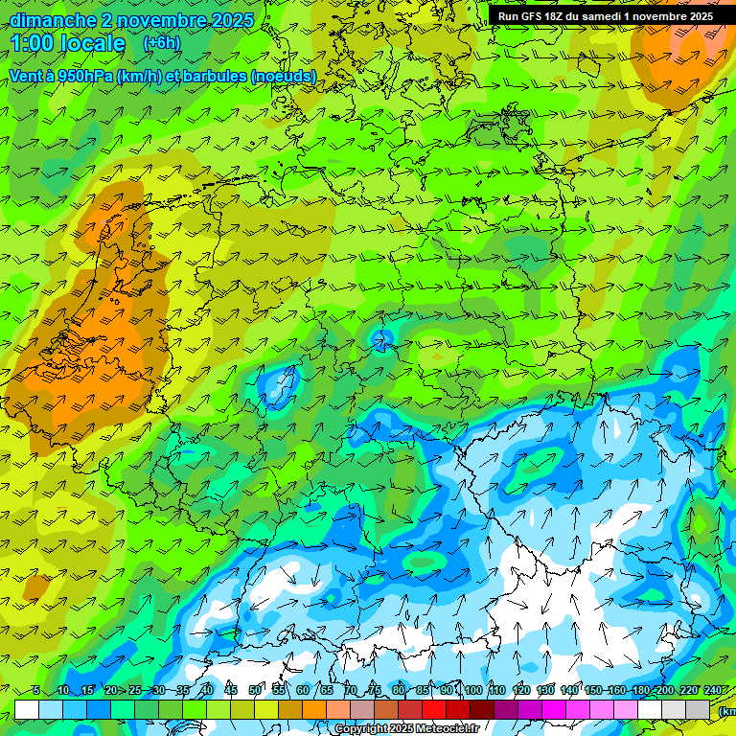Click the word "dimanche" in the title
click(x=53, y=20)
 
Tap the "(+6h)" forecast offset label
click(x=161, y=43)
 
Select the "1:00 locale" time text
click(x=68, y=44)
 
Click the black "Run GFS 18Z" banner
click(x=605, y=16)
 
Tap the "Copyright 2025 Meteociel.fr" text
click(x=406, y=728)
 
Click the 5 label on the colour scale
click(x=35, y=691)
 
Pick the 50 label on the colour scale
click(x=255, y=691)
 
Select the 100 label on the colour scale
click(x=472, y=691)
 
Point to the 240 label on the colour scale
click(x=713, y=691)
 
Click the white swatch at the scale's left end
click(x=27, y=709)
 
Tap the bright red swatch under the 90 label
click(x=434, y=709)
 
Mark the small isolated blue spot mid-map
click(x=382, y=337)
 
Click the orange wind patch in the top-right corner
click(x=685, y=48)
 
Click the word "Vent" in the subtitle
click(x=26, y=76)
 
